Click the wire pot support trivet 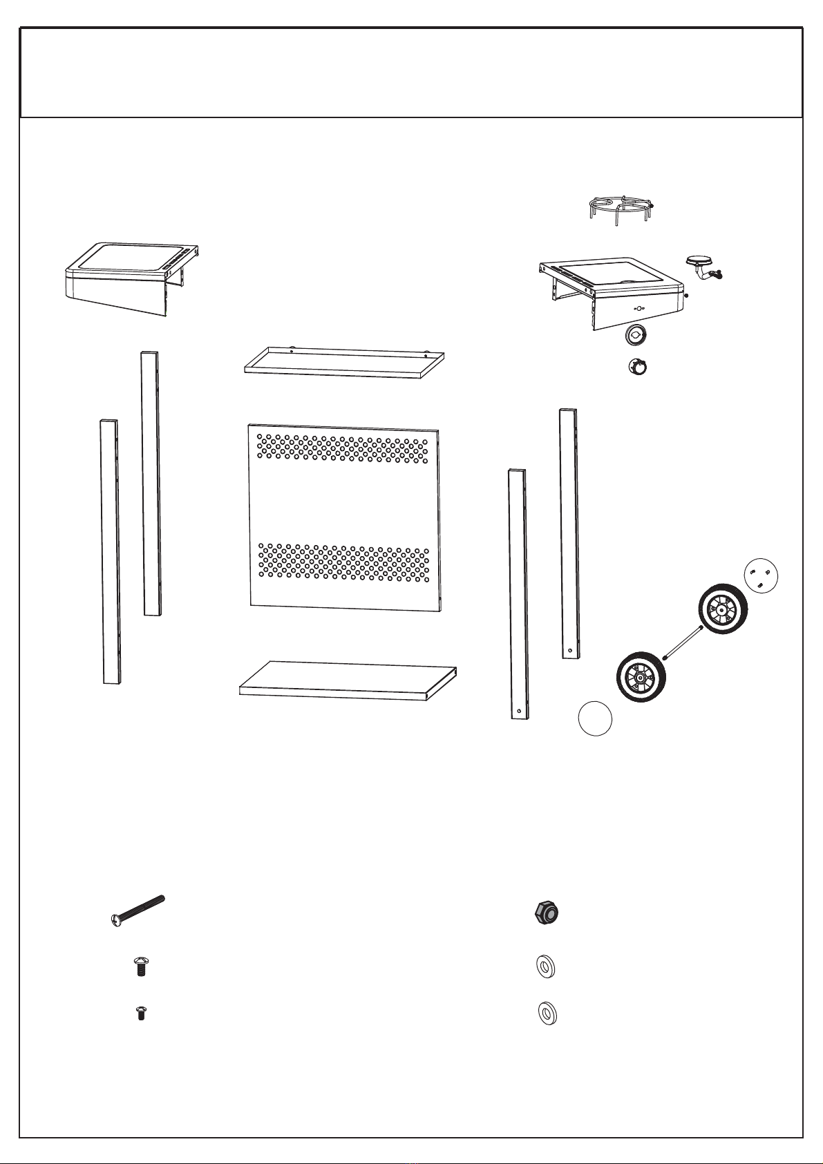click(x=621, y=207)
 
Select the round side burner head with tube click(x=699, y=264)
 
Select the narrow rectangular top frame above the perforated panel click(x=344, y=362)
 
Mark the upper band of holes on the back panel click(x=343, y=448)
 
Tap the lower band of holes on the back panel click(x=343, y=562)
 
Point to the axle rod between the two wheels click(x=682, y=642)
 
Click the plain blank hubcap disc click(x=595, y=718)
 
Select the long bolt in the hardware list click(x=139, y=910)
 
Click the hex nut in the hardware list click(x=547, y=914)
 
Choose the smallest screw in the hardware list click(x=142, y=1013)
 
